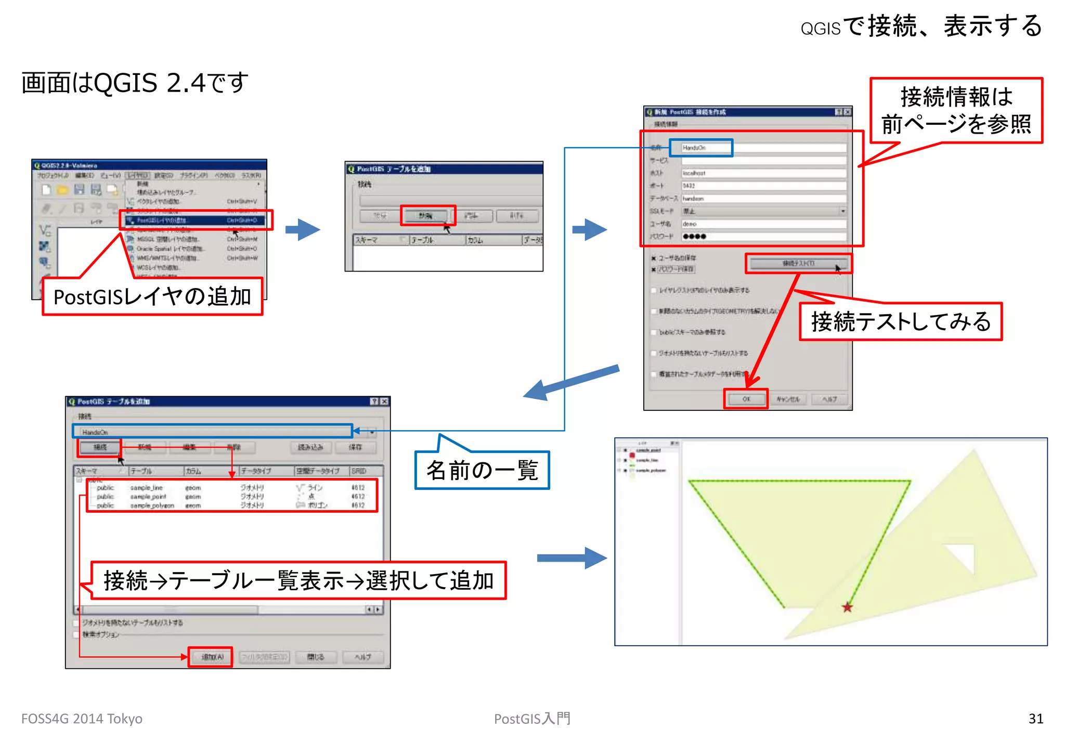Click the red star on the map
point(847,607)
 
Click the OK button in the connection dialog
point(746,399)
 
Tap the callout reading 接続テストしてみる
point(900,322)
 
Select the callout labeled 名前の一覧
point(482,471)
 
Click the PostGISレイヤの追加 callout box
point(152,297)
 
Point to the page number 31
point(1035,719)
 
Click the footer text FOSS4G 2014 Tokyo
point(82,719)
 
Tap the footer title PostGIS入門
point(532,719)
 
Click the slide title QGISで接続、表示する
point(921,26)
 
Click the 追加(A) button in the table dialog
point(211,657)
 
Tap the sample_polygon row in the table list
point(152,505)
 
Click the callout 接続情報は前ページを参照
point(956,110)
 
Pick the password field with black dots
point(763,237)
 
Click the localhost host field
point(763,173)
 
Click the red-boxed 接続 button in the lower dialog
point(99,447)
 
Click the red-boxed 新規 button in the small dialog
point(427,215)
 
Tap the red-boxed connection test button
point(798,264)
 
